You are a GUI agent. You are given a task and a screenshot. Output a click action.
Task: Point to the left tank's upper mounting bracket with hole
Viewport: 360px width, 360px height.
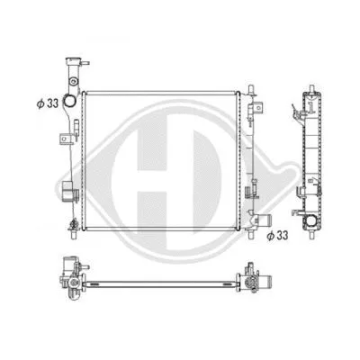[65, 139]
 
